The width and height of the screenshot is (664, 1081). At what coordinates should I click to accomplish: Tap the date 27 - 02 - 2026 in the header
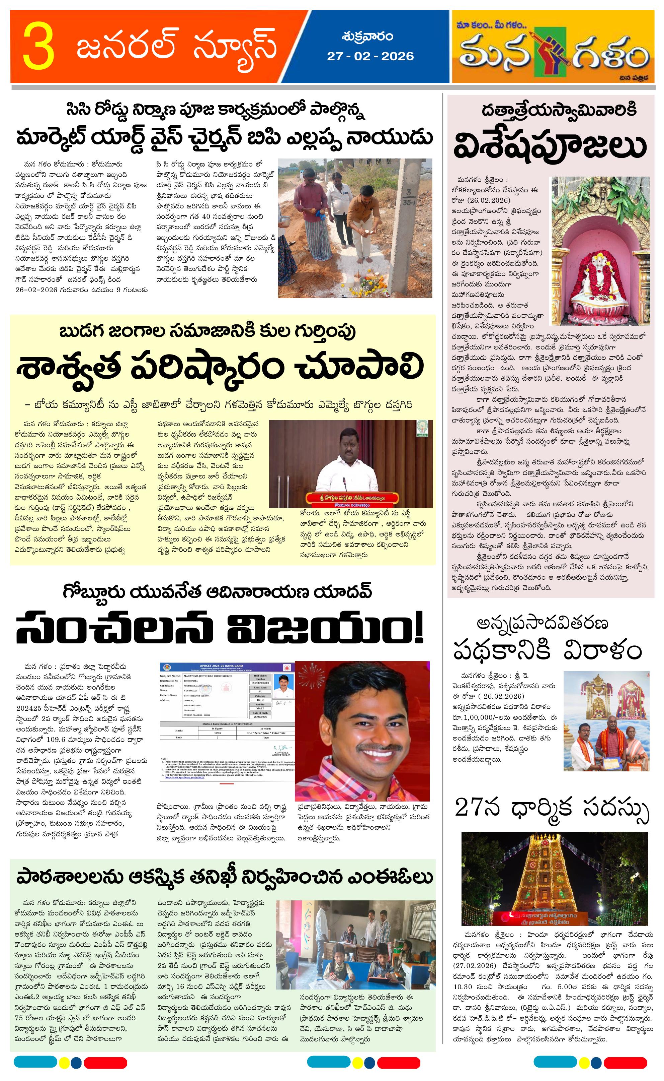point(370,56)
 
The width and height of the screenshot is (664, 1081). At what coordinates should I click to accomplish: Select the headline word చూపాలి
point(360,367)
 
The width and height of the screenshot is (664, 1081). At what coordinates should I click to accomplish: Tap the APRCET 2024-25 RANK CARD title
point(227,666)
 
